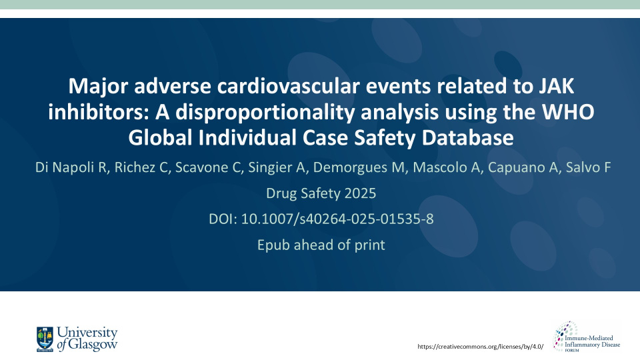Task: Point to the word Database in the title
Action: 467,137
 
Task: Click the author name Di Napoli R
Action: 71,167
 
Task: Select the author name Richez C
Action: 141,167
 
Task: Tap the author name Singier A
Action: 277,167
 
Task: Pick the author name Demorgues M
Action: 359,167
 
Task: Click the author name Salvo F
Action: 588,167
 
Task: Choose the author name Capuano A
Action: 523,167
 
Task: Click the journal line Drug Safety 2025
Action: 321,193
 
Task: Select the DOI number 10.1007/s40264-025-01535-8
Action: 337,219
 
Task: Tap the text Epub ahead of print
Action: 321,245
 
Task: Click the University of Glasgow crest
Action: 45,339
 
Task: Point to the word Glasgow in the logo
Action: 93,345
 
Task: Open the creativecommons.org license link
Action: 481,347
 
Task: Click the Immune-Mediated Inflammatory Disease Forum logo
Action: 586,337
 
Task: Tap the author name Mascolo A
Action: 446,167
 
